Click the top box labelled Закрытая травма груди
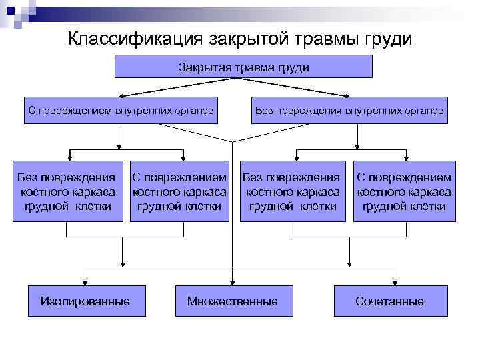click(244, 67)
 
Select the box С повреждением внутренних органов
click(121, 111)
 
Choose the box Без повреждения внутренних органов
click(349, 111)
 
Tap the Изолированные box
click(85, 301)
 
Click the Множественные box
click(233, 301)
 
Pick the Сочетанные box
click(389, 301)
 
